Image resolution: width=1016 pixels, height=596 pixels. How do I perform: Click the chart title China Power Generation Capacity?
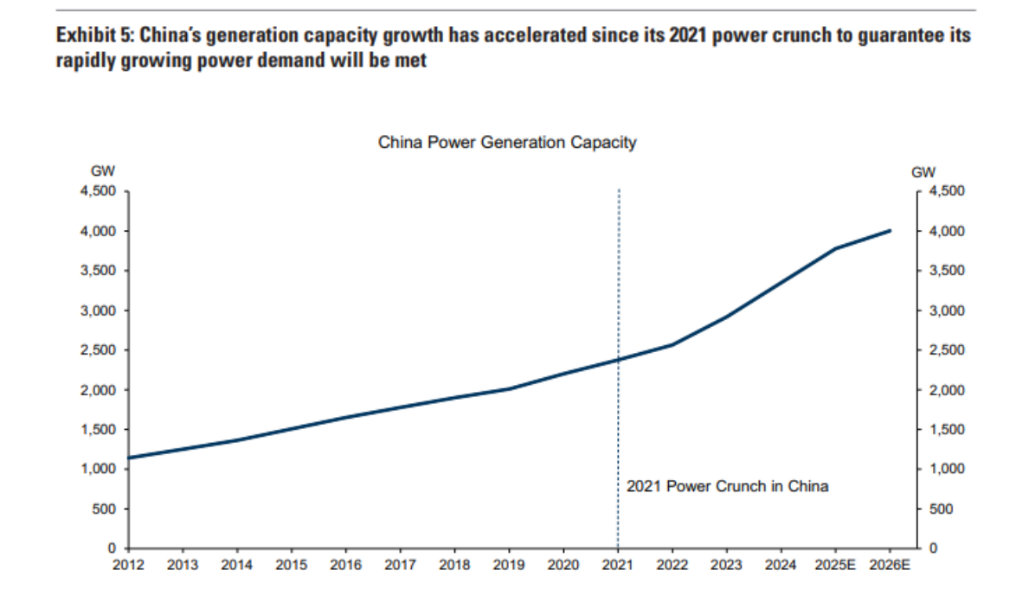[x=507, y=143]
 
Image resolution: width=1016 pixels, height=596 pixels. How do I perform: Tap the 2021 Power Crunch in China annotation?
[x=727, y=486]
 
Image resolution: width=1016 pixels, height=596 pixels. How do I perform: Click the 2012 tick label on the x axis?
[x=128, y=566]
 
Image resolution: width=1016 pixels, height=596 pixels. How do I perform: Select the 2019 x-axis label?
[x=509, y=566]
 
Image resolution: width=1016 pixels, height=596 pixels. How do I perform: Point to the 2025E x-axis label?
[x=835, y=566]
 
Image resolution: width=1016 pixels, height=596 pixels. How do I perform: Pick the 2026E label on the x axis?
[x=890, y=566]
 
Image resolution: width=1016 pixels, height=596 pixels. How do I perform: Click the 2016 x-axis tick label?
[x=345, y=566]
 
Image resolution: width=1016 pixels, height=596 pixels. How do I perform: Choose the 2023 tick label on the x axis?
[x=726, y=566]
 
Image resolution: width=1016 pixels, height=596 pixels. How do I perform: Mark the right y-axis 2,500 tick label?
[x=947, y=350]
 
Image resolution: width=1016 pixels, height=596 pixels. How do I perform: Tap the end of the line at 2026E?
[x=890, y=231]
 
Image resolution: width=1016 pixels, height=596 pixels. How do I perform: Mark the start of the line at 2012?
[x=129, y=458]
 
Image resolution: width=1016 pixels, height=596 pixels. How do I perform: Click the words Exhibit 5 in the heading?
[x=93, y=36]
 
